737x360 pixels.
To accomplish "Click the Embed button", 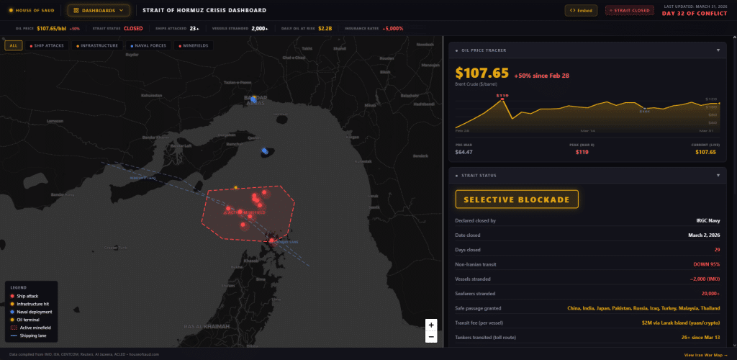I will (x=581, y=10).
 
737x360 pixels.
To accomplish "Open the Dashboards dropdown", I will (x=99, y=10).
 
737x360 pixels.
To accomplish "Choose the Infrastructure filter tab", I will (x=97, y=45).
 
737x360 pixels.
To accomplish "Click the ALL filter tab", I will (x=13, y=45).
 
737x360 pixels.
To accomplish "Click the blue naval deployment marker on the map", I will (x=265, y=150).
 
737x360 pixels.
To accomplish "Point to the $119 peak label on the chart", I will (x=502, y=95).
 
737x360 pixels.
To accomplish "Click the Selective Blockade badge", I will (x=517, y=199).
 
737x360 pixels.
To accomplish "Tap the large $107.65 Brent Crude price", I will (x=482, y=73).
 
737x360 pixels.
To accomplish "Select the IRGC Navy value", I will (x=707, y=221).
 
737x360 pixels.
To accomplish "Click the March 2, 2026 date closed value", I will (x=700, y=235).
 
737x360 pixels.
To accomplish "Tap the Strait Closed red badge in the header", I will (x=629, y=10).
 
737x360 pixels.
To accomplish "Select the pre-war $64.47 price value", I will (x=464, y=152).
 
